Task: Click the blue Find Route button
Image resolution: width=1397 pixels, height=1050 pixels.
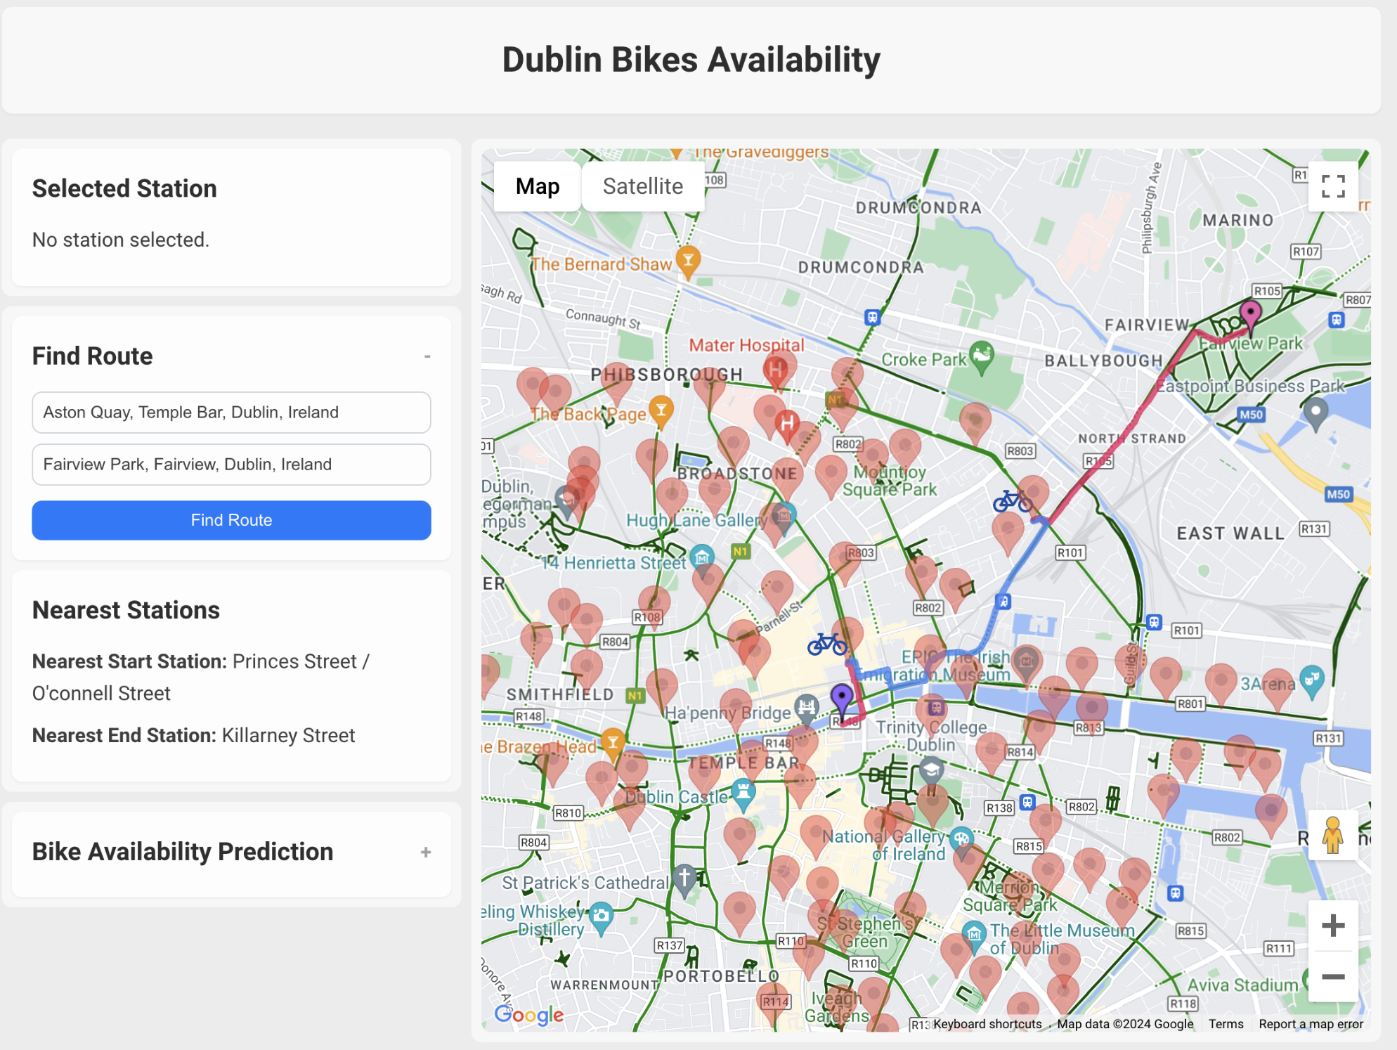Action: pos(231,520)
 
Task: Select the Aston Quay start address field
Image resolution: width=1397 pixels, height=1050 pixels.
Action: pos(231,413)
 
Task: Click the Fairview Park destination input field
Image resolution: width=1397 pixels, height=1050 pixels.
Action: pos(231,465)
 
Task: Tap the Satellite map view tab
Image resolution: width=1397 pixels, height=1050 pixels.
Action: pos(642,186)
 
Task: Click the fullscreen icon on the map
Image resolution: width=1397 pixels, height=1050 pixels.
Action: pos(1332,186)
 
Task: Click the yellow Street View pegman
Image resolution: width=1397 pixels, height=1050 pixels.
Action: pos(1332,835)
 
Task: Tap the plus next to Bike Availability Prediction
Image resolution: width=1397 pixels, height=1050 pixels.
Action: pos(426,853)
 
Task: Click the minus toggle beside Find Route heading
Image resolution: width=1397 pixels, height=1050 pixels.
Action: pos(427,357)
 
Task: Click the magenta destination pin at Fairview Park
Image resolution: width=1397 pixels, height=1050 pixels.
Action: pos(1250,313)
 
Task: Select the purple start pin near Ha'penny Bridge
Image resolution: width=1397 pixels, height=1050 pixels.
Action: pos(841,697)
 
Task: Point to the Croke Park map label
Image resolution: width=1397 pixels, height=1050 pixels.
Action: pos(923,360)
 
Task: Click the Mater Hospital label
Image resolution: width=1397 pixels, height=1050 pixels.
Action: pos(746,345)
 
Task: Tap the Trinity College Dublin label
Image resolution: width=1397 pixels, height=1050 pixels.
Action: pos(930,736)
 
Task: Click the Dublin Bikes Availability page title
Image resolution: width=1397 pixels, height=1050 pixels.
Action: pos(691,60)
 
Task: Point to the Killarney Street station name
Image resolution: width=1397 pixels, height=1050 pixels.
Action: pos(288,736)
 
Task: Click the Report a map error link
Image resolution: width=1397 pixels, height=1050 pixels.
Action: pos(1311,1024)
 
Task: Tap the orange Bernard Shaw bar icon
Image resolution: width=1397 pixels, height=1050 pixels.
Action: pos(688,259)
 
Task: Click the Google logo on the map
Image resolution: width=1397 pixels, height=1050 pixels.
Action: pos(528,1015)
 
